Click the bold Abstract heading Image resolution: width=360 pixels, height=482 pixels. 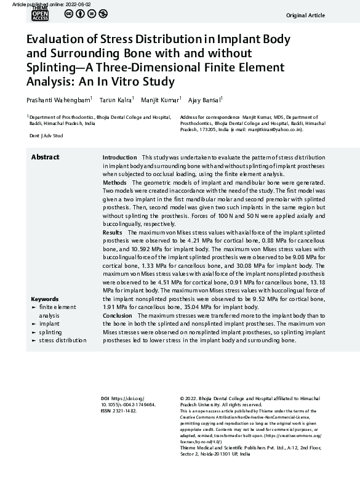point(45,157)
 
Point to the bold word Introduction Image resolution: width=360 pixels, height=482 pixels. point(119,158)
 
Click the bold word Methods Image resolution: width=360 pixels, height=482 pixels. point(114,183)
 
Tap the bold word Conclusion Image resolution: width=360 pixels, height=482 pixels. point(118,315)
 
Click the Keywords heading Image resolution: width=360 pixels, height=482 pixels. point(44,298)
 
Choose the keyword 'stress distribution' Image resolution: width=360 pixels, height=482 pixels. point(62,339)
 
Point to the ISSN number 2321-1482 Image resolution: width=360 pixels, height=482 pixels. point(124,410)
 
